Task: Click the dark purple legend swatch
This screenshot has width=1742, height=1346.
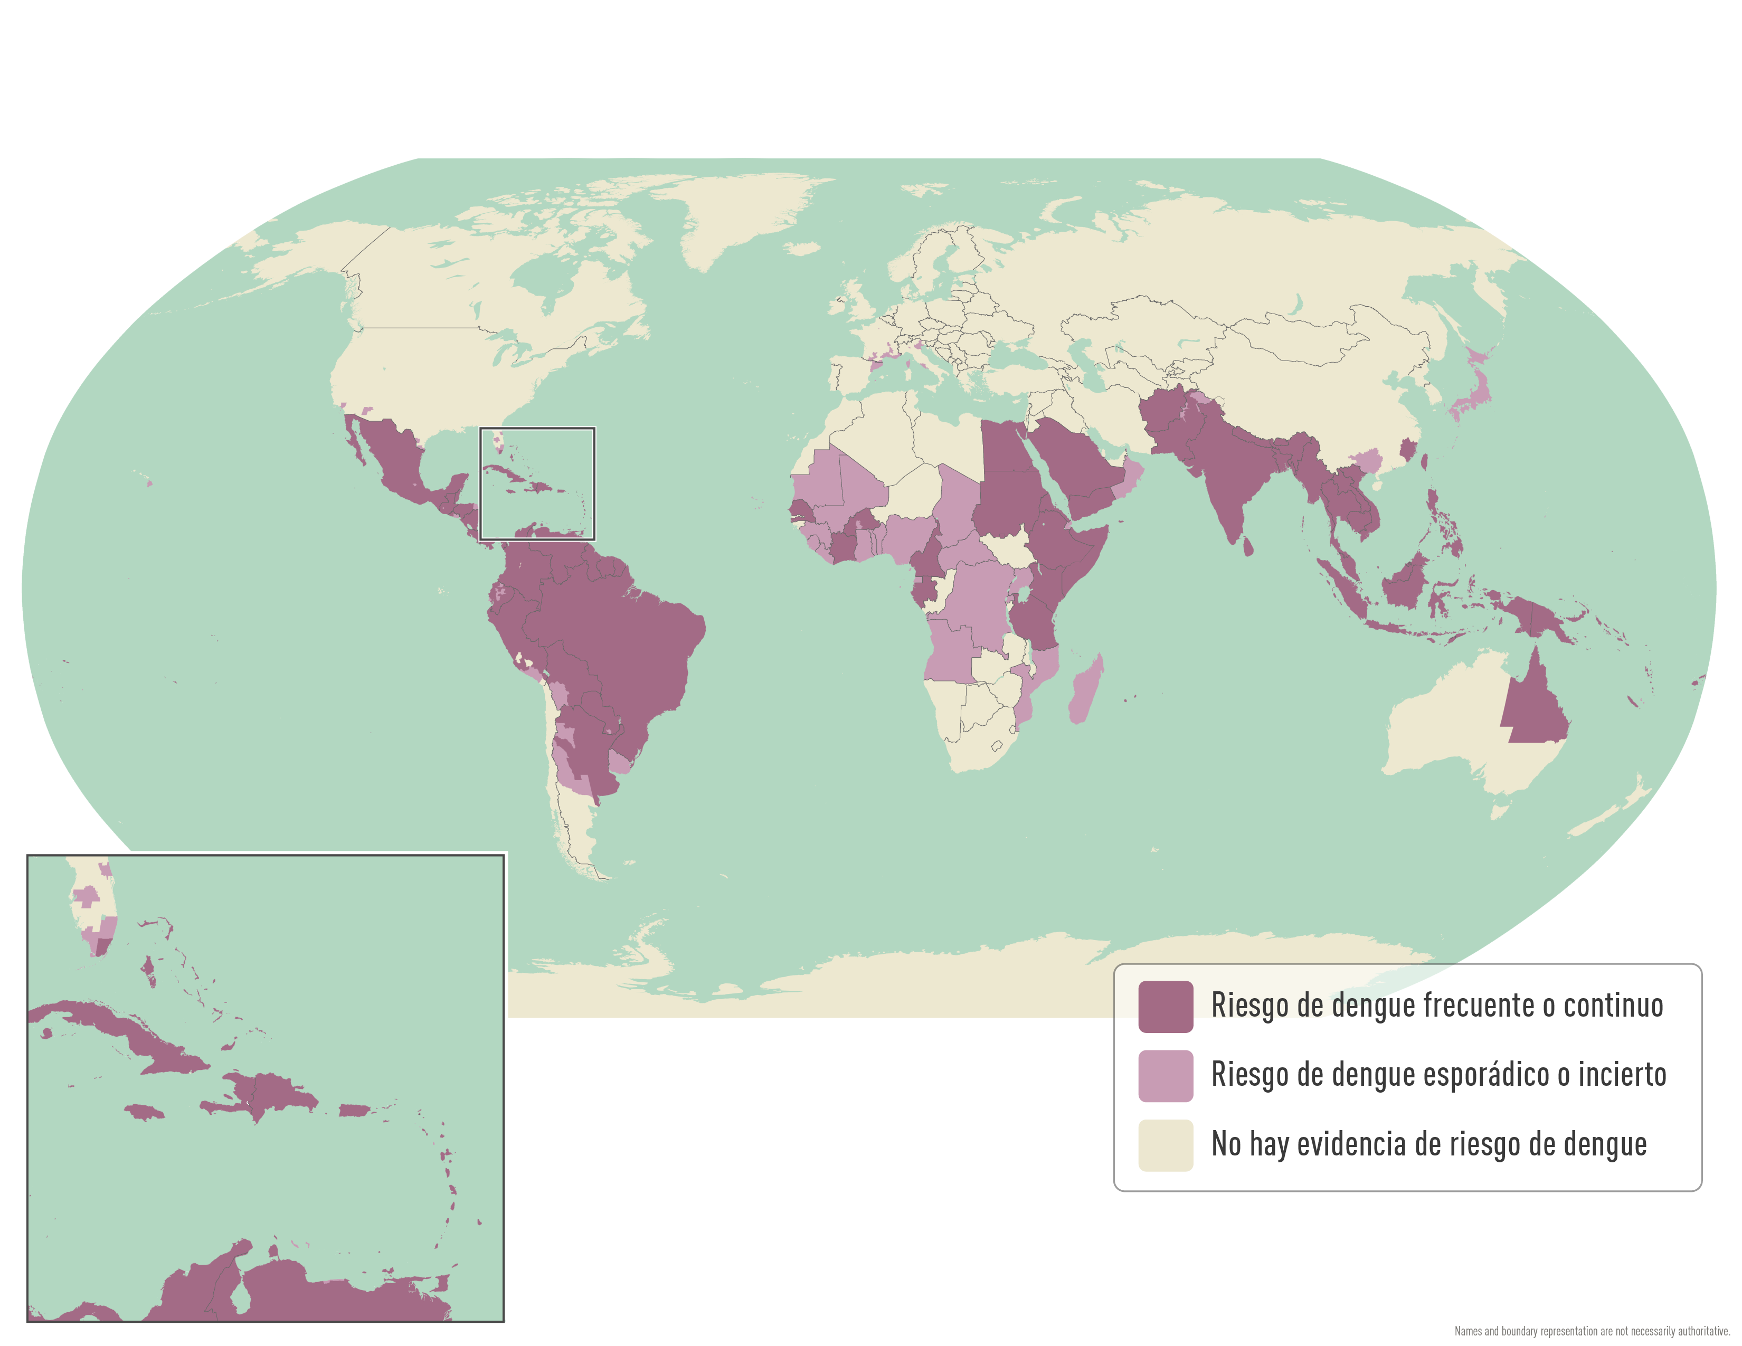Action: point(1166,1006)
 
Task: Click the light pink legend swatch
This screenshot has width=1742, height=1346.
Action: point(1166,1076)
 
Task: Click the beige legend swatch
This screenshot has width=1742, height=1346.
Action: point(1166,1145)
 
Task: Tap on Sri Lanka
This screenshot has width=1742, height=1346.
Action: point(1247,547)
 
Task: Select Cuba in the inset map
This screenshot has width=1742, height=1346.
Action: point(120,1029)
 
